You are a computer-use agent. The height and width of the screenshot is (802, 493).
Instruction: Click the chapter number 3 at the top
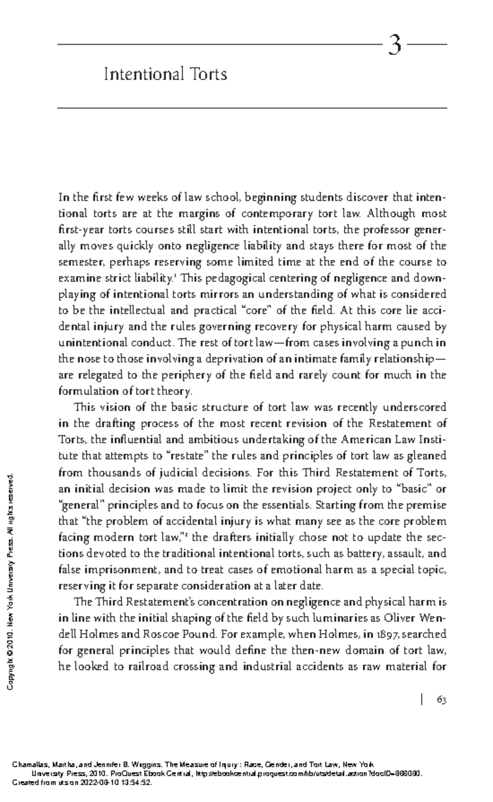(x=394, y=45)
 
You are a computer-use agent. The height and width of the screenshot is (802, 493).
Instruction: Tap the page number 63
(x=442, y=700)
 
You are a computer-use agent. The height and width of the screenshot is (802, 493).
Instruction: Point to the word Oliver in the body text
(x=401, y=618)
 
